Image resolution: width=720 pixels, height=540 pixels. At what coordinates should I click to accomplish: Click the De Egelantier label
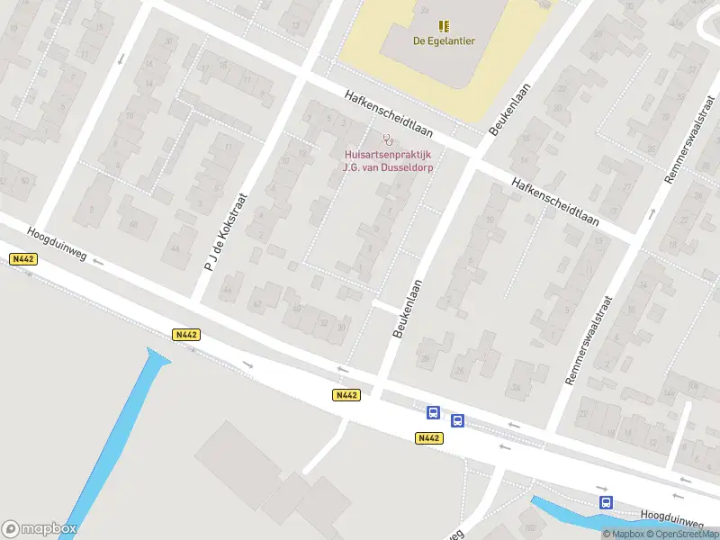coord(444,40)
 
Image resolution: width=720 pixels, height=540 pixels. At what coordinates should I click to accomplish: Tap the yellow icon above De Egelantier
coord(444,25)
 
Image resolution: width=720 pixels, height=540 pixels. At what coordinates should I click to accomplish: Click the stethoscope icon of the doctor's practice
coord(388,139)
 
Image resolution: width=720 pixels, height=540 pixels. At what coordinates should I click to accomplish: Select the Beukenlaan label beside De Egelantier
coord(508,109)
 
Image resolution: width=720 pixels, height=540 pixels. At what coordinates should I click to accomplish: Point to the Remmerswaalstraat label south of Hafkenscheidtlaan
coord(589,341)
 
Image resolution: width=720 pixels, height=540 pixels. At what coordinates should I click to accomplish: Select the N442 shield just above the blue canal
coord(186,335)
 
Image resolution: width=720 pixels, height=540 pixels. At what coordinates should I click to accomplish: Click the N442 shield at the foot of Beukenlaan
coord(346,395)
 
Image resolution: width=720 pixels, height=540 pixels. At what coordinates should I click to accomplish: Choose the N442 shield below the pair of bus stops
coord(429,438)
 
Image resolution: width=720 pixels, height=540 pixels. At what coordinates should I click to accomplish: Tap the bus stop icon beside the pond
coord(607,503)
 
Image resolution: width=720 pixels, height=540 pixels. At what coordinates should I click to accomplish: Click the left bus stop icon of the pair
coord(433,413)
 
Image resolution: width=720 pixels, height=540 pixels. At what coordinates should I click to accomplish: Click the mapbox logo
coord(39,529)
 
